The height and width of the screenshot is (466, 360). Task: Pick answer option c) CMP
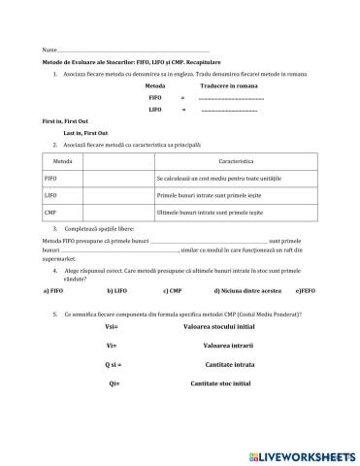[174, 290]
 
